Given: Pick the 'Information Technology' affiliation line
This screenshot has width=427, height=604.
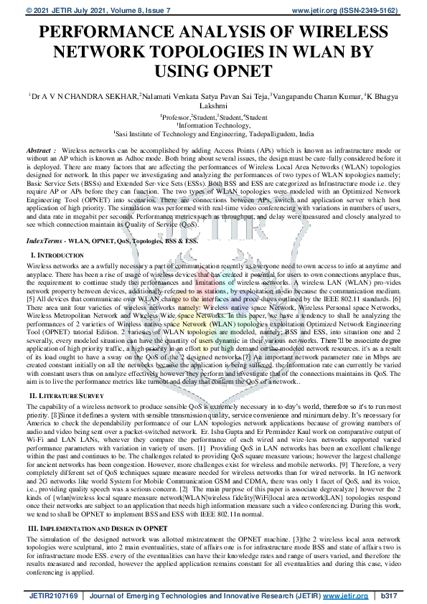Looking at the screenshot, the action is [213, 125].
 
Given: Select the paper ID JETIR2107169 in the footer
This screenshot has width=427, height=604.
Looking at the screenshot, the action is [53, 595].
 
